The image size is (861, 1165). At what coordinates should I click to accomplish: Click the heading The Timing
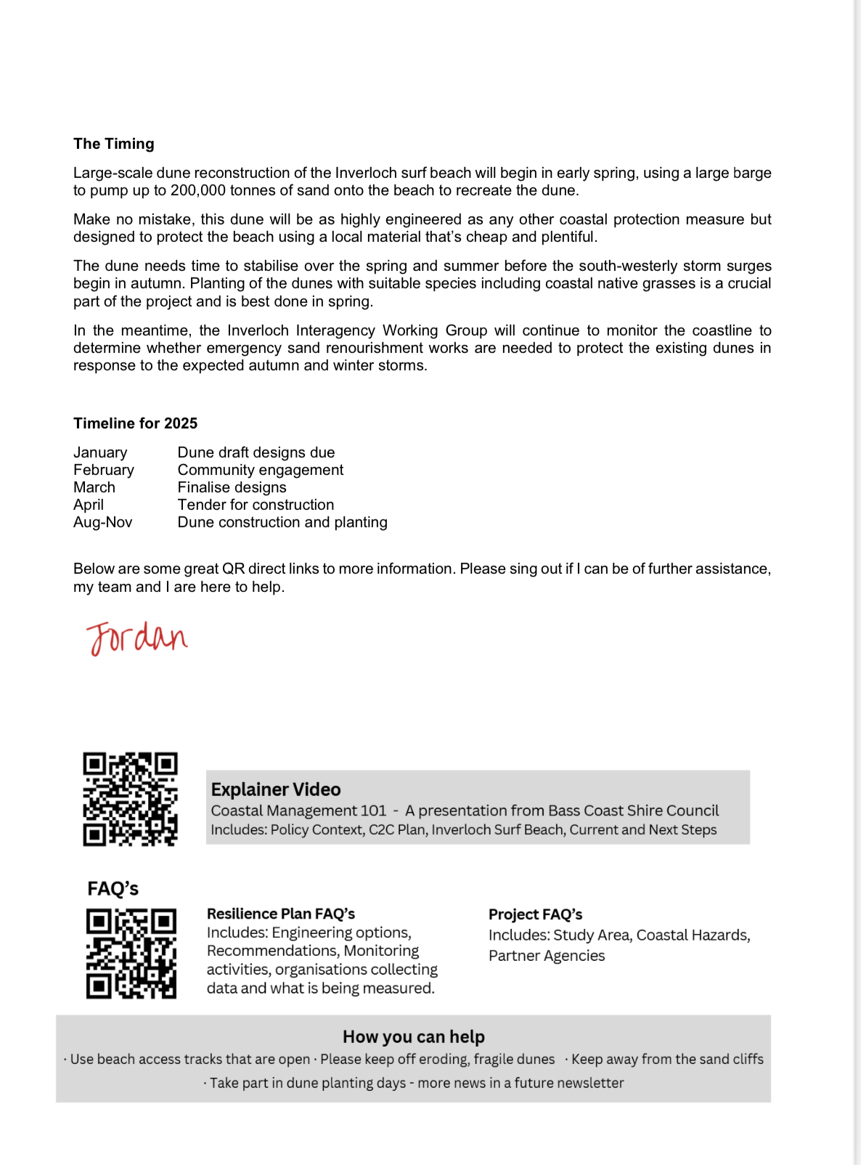(113, 144)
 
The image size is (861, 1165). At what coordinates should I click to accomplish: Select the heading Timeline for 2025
(135, 423)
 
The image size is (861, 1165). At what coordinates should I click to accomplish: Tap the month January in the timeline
(100, 452)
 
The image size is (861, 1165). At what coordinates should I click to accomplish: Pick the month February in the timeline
(104, 470)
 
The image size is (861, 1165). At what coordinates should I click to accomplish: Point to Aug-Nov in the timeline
(102, 522)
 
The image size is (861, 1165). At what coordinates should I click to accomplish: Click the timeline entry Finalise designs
(232, 487)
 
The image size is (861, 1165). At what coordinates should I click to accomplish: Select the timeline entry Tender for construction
(256, 505)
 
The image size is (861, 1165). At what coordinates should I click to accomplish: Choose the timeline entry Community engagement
(260, 470)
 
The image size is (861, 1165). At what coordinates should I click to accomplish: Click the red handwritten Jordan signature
(136, 638)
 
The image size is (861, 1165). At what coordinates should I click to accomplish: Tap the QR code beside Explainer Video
(130, 799)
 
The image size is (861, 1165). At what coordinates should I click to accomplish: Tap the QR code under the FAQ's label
(131, 954)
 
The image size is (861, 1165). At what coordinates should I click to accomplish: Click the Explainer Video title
(276, 789)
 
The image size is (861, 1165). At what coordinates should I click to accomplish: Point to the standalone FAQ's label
(113, 889)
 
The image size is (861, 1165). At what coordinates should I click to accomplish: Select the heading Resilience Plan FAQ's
(281, 914)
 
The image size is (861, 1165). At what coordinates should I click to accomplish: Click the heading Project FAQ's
(535, 914)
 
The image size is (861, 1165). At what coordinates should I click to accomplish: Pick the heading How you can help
(413, 1037)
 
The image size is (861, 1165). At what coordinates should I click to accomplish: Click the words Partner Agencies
(546, 956)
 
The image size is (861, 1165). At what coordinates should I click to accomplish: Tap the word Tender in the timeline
(201, 505)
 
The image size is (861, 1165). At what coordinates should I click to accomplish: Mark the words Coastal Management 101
(298, 811)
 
